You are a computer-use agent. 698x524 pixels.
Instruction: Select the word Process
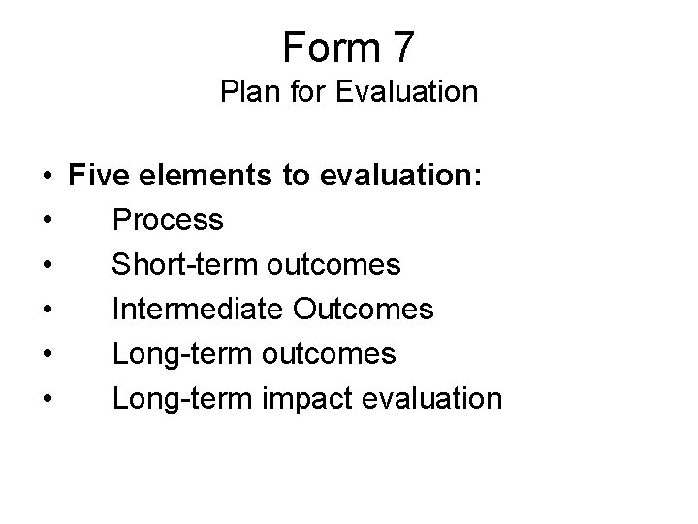click(x=168, y=220)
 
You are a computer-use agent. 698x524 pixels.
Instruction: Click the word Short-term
click(x=179, y=265)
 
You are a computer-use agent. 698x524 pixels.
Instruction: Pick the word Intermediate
click(x=198, y=310)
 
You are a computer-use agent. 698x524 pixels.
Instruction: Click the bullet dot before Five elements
click(x=47, y=177)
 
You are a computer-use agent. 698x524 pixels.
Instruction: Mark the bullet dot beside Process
click(x=47, y=221)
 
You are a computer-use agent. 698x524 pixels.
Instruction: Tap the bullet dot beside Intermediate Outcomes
click(x=47, y=311)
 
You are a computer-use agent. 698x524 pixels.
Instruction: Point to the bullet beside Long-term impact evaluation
click(x=47, y=400)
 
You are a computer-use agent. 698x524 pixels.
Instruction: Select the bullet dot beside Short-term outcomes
click(x=47, y=266)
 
